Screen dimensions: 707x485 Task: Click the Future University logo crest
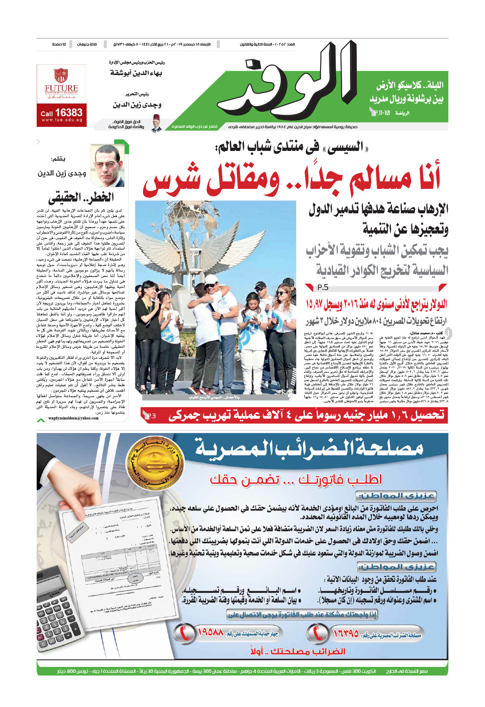tap(61, 75)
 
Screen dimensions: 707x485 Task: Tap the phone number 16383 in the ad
tap(69, 113)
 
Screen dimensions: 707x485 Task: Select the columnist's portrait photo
tap(108, 166)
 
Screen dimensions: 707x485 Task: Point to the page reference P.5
tap(323, 288)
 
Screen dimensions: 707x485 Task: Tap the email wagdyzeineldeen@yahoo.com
tap(73, 418)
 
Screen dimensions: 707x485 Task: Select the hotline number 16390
tap(346, 633)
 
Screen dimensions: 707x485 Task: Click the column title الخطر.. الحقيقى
tap(81, 197)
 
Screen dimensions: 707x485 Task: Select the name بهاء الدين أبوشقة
tap(136, 73)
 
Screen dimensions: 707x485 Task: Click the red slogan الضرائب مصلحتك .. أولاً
tap(298, 651)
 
